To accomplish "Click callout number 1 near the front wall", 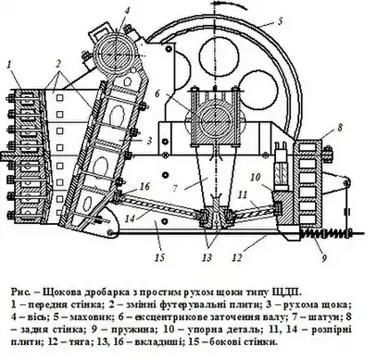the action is [9, 65].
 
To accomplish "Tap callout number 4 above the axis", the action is [127, 10].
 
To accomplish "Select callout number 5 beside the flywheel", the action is [280, 21].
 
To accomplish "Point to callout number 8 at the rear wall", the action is [340, 128].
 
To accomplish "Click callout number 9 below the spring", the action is [324, 257].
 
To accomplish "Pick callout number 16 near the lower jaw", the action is [145, 186].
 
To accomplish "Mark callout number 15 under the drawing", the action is [160, 257].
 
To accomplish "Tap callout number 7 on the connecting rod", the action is [175, 188].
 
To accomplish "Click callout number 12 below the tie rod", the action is [236, 257].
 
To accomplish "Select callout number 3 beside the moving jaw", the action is [149, 141].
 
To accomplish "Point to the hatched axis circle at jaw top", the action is [115, 56].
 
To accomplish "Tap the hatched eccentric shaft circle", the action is [215, 119].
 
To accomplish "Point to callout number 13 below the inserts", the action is [207, 257].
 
